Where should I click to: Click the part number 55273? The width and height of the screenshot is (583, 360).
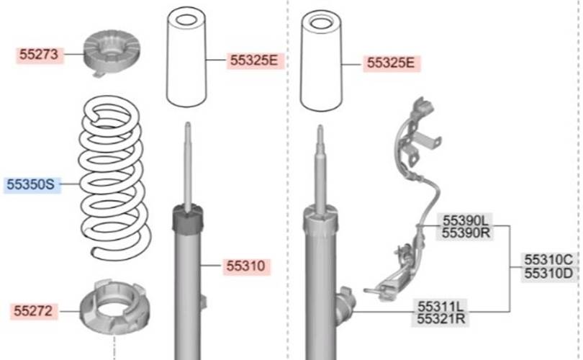(x=39, y=54)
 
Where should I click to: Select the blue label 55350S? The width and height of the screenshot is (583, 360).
(x=31, y=184)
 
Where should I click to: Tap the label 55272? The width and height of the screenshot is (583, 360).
(x=33, y=311)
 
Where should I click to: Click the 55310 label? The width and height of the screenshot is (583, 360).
(x=246, y=266)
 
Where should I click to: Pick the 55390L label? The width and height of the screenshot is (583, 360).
(x=466, y=220)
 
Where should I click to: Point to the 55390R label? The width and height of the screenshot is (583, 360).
(x=466, y=233)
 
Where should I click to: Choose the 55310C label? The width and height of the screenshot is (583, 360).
(x=548, y=259)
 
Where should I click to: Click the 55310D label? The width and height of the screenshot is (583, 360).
(x=548, y=274)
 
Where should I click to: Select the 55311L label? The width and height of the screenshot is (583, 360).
(x=441, y=307)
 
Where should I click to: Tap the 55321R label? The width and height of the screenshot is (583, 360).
(x=441, y=319)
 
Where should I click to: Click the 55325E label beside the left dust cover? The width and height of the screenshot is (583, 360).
(x=254, y=60)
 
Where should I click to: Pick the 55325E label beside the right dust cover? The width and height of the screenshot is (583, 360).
(x=391, y=63)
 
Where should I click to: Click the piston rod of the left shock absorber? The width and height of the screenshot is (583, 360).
(x=188, y=167)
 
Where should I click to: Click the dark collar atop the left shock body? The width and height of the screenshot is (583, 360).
(x=188, y=220)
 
